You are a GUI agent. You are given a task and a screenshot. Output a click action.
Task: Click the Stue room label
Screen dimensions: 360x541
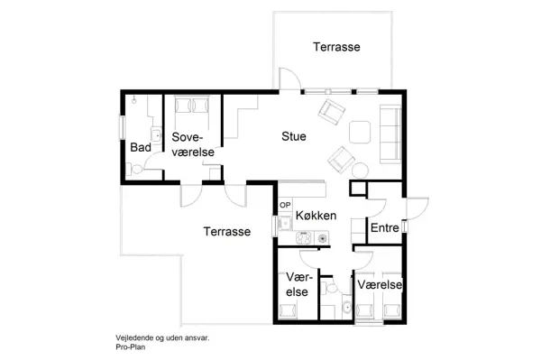(294, 136)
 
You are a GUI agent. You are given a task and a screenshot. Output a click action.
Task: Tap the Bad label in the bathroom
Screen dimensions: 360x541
(140, 147)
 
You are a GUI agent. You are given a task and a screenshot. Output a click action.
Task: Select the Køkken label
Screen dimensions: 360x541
(316, 217)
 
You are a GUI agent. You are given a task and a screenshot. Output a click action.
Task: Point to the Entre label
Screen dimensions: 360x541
(385, 229)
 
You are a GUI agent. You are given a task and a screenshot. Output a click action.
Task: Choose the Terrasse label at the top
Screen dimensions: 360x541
(336, 46)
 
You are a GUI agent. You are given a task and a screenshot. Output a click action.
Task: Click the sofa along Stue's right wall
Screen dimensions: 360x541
(391, 133)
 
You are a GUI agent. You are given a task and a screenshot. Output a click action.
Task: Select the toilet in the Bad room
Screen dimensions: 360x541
(135, 169)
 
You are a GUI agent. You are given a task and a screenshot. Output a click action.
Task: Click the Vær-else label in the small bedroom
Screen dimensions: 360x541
(298, 284)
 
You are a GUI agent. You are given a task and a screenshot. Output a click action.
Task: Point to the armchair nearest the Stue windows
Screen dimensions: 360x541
(331, 112)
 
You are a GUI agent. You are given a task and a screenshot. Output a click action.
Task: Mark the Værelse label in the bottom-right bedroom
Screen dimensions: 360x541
(380, 284)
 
